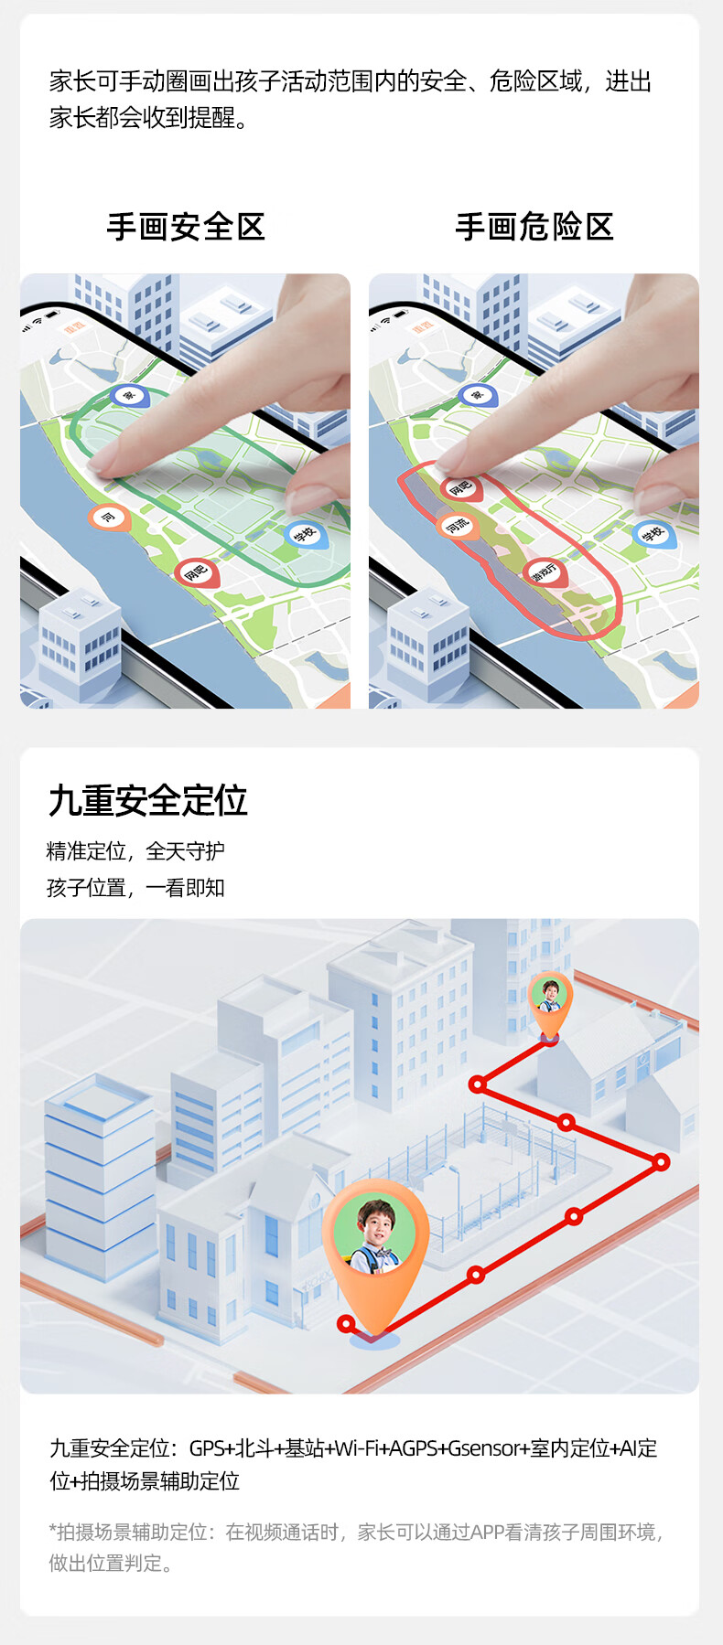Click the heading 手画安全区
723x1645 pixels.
[186, 227]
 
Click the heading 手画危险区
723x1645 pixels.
[534, 227]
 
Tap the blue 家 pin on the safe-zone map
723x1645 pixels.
[128, 395]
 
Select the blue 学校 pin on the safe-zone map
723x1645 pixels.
[304, 533]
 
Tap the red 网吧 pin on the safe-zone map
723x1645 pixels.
[196, 572]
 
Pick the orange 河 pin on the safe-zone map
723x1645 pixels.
[108, 518]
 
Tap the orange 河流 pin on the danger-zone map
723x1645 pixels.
[457, 525]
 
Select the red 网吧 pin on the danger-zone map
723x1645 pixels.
[460, 487]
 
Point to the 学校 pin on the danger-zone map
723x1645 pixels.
[653, 534]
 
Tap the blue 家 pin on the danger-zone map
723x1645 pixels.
[477, 395]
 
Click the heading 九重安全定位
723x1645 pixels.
[147, 800]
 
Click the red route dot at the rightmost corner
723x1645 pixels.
[661, 1162]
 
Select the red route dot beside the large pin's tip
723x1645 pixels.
[346, 1323]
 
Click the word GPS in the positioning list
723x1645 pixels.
[207, 1448]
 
